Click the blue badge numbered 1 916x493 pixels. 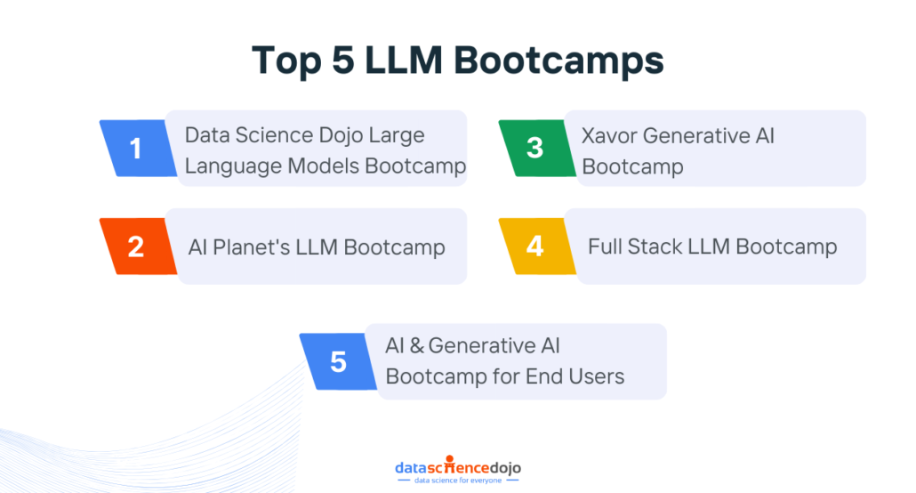136,148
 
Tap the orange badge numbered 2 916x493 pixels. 136,246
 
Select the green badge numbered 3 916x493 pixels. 534,148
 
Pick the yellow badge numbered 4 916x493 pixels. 534,246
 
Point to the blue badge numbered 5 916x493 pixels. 338,361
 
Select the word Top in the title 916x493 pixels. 284,61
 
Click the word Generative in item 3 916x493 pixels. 696,135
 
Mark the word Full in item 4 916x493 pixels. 606,246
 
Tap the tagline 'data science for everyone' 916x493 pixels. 457,481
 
